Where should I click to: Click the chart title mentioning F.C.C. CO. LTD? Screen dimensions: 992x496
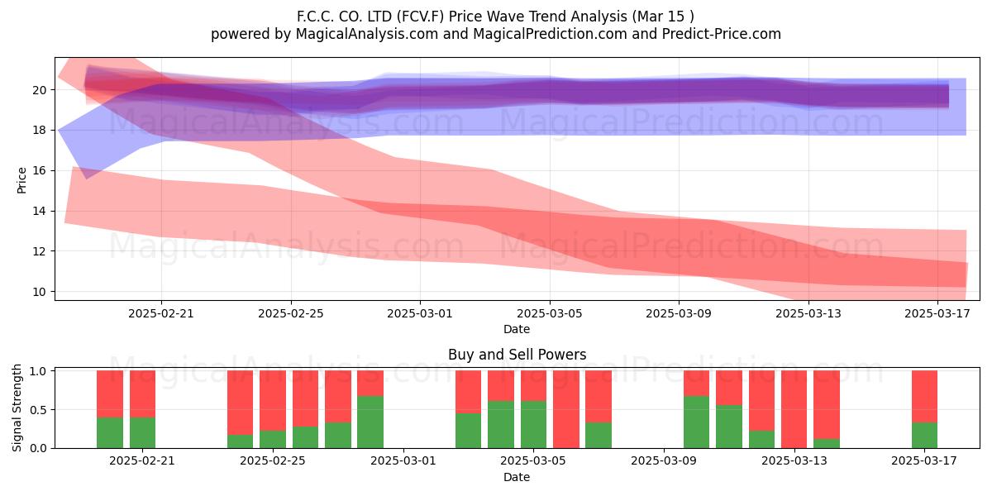click(495, 17)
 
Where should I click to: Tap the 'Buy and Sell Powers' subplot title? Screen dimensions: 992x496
click(517, 355)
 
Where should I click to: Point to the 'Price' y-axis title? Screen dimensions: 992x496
click(21, 180)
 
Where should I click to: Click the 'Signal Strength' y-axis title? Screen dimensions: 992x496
click(17, 408)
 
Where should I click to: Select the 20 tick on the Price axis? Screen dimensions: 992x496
click(40, 90)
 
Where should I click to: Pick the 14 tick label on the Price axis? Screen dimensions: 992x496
click(40, 211)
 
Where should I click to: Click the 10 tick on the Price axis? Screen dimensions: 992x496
click(40, 292)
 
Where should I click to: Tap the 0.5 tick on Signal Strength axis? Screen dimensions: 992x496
click(38, 410)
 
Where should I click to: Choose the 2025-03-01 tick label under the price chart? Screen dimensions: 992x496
click(420, 313)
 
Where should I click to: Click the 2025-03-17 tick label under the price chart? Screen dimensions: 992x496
click(937, 313)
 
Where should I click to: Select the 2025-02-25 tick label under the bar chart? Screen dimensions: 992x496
click(272, 461)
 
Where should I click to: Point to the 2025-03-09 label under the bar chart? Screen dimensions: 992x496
click(663, 461)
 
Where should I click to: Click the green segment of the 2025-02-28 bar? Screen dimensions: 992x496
click(370, 422)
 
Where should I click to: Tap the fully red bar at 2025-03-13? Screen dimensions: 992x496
click(794, 409)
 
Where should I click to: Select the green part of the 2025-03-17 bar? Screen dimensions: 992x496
click(924, 436)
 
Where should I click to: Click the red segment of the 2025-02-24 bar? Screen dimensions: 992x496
click(240, 403)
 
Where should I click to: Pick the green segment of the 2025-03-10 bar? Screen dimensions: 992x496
click(696, 422)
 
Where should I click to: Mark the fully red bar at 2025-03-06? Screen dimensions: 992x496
click(566, 409)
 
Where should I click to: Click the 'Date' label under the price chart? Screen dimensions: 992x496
click(517, 329)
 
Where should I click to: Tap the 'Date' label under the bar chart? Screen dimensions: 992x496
click(517, 477)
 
